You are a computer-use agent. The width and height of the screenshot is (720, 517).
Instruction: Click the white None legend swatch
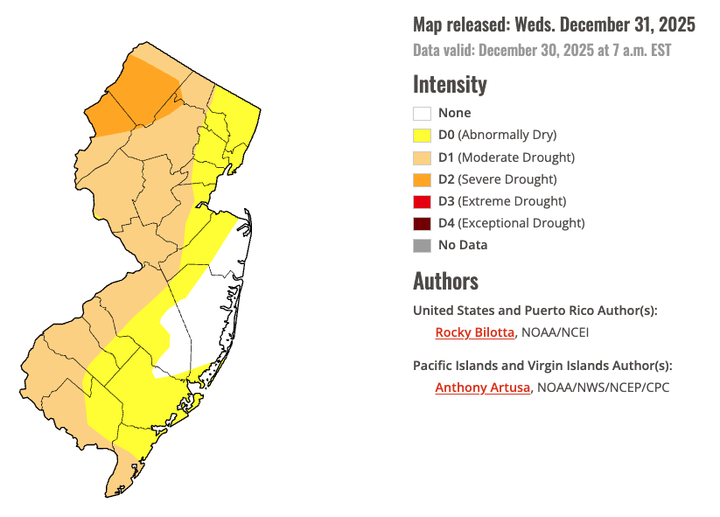pos(422,113)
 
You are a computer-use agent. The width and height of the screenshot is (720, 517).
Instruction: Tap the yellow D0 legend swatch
pos(422,135)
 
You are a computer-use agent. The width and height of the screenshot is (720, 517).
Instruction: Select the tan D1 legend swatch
pos(422,157)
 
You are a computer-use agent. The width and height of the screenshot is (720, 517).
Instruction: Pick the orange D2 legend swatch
pos(422,179)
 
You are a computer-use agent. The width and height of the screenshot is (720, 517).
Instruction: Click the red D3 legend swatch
pos(422,201)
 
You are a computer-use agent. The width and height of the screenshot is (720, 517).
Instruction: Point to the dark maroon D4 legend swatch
pos(422,223)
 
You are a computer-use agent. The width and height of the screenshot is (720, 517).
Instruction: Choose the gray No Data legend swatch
pos(422,245)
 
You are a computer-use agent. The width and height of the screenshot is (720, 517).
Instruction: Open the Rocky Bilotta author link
pos(474,332)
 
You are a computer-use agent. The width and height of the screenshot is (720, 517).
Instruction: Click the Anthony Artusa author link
pos(482,388)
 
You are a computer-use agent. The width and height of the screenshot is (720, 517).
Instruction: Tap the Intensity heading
pos(450,85)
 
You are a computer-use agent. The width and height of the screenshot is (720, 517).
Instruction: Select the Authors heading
pos(445,282)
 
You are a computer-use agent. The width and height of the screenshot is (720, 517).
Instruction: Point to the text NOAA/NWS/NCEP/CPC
pos(603,388)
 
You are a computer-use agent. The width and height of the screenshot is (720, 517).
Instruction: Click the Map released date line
pos(554,24)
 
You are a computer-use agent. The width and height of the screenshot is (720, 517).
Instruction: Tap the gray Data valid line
pos(542,50)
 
